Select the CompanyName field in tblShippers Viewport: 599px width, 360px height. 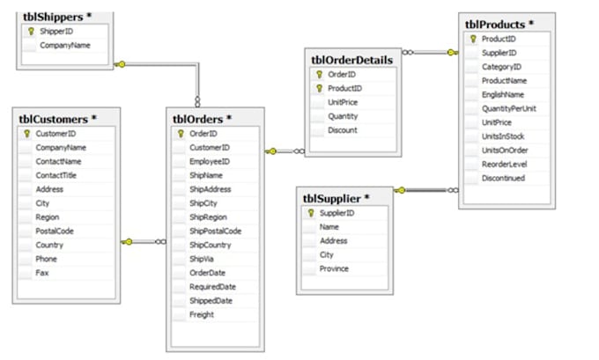[x=64, y=44]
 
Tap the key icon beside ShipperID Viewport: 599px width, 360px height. [x=31, y=31]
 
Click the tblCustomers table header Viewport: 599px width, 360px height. [x=55, y=119]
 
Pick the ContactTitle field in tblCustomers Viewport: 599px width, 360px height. [x=57, y=175]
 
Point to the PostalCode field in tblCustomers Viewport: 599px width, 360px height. [x=55, y=231]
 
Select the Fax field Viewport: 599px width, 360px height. [x=41, y=273]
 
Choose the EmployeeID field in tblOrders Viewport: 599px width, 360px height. [x=209, y=161]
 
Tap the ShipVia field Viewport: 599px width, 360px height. [x=203, y=259]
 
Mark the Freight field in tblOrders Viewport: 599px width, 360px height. [x=201, y=314]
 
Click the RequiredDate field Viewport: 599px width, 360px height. [x=211, y=287]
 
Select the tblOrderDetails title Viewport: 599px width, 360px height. [x=352, y=60]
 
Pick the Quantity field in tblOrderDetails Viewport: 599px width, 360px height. [x=343, y=116]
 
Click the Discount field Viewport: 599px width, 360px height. [x=342, y=130]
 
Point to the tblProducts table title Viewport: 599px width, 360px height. [x=499, y=24]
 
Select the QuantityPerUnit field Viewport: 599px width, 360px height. [x=509, y=108]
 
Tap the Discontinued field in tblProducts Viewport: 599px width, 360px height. [x=503, y=178]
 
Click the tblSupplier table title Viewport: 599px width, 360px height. [x=336, y=198]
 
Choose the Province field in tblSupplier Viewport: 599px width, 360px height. [x=334, y=268]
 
